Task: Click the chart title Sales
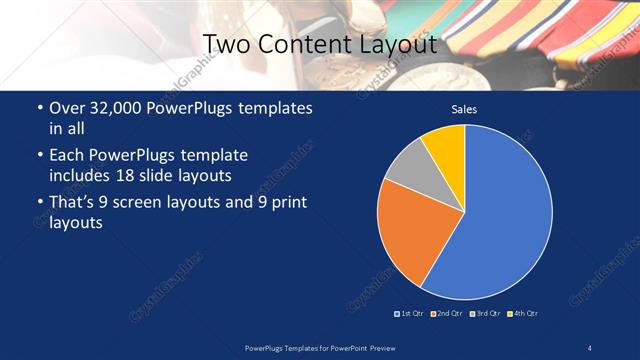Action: pyautogui.click(x=464, y=108)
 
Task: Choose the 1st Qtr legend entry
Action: pyautogui.click(x=411, y=313)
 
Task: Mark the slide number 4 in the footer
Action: pyautogui.click(x=590, y=346)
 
